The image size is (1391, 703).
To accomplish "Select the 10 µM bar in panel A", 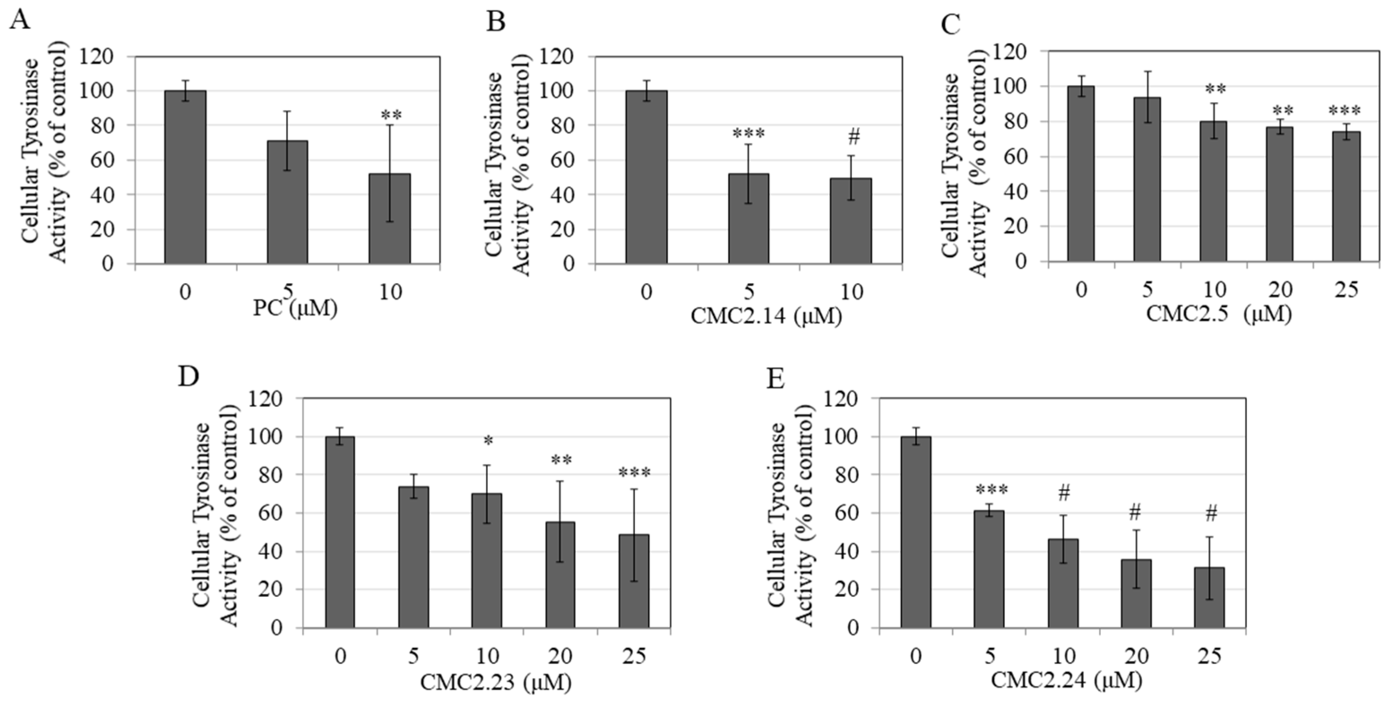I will click(x=389, y=219).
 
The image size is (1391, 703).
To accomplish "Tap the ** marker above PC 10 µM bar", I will click(x=391, y=115).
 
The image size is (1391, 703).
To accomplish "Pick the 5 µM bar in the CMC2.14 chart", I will click(x=749, y=219).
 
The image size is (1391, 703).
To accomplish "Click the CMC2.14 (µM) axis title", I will click(x=766, y=316).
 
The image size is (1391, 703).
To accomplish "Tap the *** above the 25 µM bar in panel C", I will click(x=1344, y=111).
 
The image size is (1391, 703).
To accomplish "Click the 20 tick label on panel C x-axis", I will click(x=1280, y=290).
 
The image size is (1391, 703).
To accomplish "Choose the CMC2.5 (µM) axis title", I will click(x=1218, y=313).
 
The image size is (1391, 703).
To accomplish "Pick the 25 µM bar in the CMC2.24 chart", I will click(x=1209, y=597).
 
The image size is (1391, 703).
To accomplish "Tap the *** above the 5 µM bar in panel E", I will click(x=991, y=490).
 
